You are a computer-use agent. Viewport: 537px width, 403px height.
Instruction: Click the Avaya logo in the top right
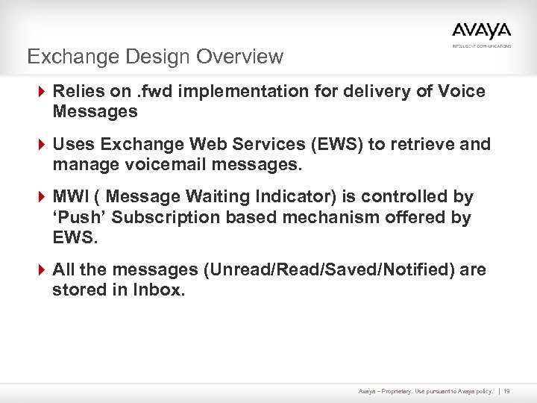tap(481, 31)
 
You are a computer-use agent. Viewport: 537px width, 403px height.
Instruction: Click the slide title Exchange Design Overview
tap(155, 57)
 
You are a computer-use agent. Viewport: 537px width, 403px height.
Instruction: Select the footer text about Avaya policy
tap(425, 390)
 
